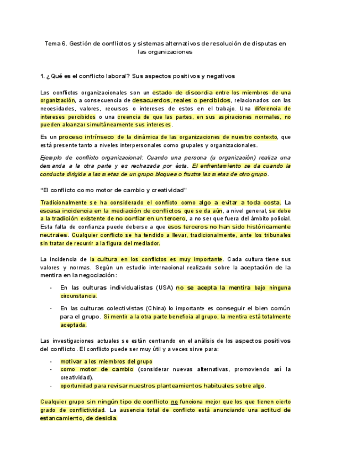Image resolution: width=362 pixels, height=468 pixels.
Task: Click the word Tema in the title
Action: (x=53, y=43)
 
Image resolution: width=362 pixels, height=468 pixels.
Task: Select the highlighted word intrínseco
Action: (x=97, y=136)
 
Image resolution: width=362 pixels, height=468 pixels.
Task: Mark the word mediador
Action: (x=145, y=243)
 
